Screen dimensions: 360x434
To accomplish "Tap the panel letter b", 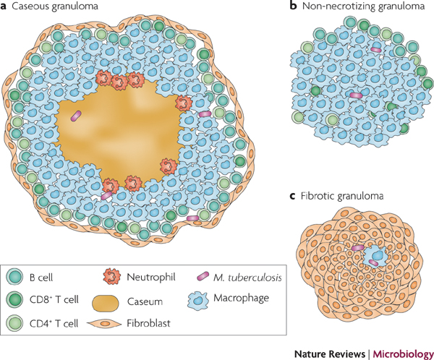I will coord(292,7).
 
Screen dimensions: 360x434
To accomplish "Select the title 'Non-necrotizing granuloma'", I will coord(354,7).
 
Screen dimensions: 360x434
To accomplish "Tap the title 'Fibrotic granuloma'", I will coord(335,195).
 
